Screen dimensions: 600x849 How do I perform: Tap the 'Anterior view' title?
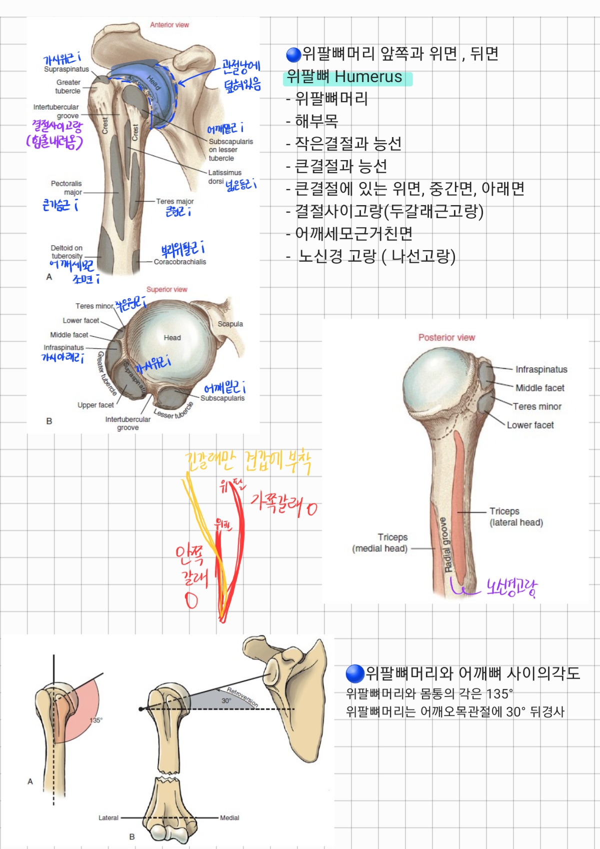point(169,25)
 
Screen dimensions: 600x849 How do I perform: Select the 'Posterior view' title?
point(446,338)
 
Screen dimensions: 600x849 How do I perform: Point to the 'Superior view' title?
point(166,290)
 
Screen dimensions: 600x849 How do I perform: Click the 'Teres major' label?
point(174,201)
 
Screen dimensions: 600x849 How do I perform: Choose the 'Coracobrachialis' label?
point(179,262)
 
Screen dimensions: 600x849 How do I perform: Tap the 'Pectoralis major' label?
point(66,188)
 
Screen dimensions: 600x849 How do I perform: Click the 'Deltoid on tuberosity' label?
point(66,252)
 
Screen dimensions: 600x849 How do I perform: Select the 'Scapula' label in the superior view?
point(230,324)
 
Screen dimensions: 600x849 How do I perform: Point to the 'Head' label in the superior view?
point(172,338)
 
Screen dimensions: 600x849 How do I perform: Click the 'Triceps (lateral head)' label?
point(516,517)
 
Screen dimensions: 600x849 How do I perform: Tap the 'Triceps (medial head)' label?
point(380,543)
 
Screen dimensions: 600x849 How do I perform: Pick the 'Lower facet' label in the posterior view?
point(530,425)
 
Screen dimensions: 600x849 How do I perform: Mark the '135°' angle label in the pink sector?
point(96,720)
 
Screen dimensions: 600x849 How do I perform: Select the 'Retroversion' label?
point(242,697)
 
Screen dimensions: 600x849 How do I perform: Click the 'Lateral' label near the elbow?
point(108,817)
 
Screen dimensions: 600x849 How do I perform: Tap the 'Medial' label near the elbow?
point(229,817)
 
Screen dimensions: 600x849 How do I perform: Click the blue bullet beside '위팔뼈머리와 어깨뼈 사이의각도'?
point(354,673)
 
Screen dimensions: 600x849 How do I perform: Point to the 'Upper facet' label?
point(95,405)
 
